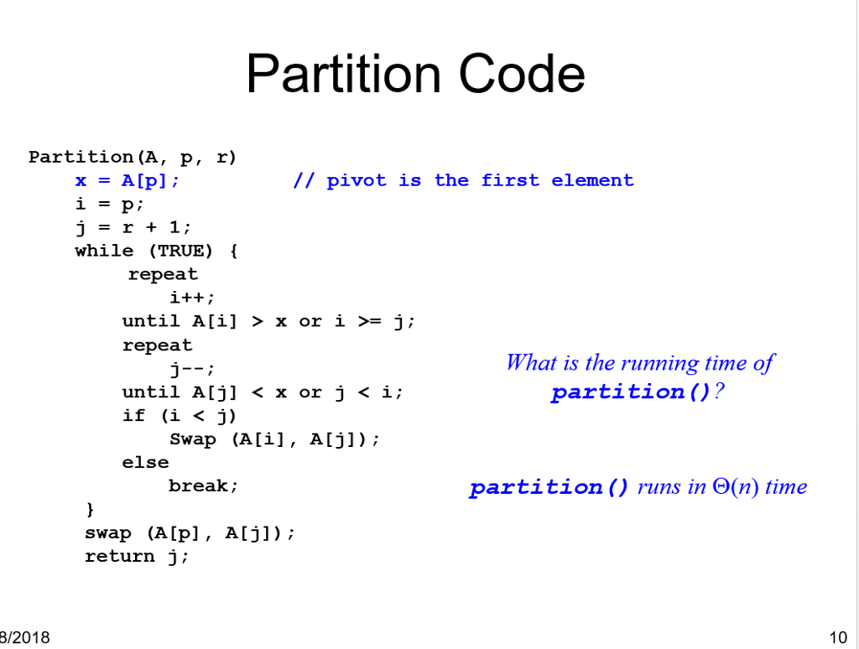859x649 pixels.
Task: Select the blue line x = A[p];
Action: click(127, 180)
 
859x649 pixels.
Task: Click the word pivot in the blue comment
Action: click(357, 180)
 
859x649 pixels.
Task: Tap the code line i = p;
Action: click(110, 204)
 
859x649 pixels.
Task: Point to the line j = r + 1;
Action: click(133, 227)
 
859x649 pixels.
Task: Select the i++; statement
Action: click(192, 298)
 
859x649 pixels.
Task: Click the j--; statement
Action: click(192, 368)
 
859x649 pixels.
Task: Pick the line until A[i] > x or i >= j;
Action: click(268, 321)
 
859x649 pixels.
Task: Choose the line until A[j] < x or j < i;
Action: click(263, 392)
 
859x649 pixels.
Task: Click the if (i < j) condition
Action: click(180, 415)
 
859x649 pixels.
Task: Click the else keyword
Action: click(145, 462)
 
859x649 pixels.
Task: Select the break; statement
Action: click(204, 485)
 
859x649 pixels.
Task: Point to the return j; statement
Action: click(137, 556)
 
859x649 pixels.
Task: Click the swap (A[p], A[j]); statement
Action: click(190, 532)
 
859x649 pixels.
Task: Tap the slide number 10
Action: click(837, 637)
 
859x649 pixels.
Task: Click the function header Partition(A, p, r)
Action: click(133, 157)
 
